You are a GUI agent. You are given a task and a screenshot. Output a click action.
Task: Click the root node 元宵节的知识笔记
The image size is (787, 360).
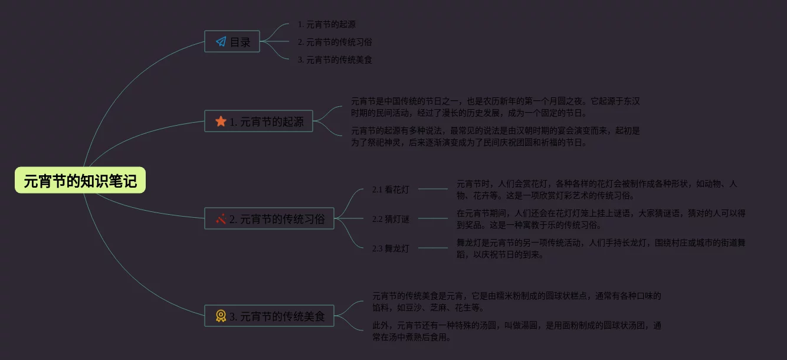[x=80, y=181]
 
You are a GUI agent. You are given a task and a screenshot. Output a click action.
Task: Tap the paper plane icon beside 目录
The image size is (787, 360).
[x=221, y=42]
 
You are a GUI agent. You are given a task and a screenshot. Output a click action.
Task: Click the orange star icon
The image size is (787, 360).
[x=221, y=122]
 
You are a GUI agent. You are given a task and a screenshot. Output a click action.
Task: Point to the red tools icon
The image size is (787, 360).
[x=221, y=219]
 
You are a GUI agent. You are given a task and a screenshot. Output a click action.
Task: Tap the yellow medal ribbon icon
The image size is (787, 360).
[x=221, y=316]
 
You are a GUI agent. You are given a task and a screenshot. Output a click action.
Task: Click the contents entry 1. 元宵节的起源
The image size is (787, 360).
[x=326, y=25]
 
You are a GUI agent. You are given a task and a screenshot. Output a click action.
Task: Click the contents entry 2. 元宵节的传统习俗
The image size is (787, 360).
[x=335, y=42]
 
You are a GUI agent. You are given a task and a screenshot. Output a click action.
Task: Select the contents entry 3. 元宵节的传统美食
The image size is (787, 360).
[x=335, y=60]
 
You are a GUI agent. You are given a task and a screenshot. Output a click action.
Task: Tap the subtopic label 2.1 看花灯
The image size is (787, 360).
[x=391, y=189]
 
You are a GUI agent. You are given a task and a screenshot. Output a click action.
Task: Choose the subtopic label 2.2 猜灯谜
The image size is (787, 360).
[x=391, y=219]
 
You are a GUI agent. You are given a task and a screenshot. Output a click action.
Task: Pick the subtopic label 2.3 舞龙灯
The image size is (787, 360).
[x=391, y=248]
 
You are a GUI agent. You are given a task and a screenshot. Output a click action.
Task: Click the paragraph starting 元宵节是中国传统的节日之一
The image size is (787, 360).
[x=495, y=107]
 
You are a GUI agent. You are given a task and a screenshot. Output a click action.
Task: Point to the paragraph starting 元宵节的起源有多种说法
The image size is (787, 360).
[x=495, y=136]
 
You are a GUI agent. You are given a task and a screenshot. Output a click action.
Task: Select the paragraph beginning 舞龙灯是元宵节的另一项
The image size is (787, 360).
[x=601, y=248]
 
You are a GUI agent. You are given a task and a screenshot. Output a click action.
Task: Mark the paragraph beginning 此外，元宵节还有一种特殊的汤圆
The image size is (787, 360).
[x=516, y=331]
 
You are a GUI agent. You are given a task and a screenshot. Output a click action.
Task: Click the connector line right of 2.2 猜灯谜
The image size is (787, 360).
[x=433, y=219]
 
